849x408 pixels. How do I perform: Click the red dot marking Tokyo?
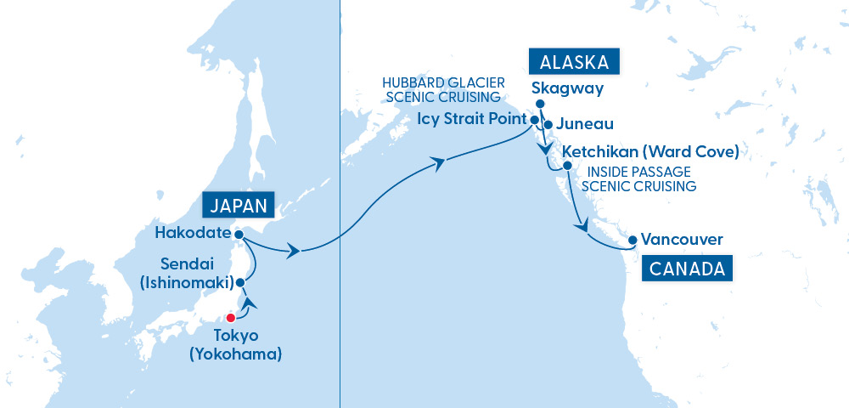tap(230, 318)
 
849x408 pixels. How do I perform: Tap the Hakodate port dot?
tap(239, 234)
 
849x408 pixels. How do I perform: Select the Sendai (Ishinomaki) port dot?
tap(240, 281)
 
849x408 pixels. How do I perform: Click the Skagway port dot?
tap(540, 105)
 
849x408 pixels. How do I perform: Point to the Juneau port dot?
tap(548, 125)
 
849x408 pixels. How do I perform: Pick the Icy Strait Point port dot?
tap(535, 120)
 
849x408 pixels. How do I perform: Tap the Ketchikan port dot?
tap(567, 164)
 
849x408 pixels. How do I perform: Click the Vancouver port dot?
tap(633, 241)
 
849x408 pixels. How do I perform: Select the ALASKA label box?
tap(573, 62)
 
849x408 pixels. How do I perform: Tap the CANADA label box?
tap(688, 269)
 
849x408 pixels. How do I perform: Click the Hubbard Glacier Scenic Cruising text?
tap(443, 89)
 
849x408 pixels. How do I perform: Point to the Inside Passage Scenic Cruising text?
tap(638, 179)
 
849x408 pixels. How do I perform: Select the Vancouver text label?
tap(683, 240)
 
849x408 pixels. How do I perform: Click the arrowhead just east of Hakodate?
tap(294, 252)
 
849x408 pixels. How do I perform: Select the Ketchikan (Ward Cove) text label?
tap(650, 152)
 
